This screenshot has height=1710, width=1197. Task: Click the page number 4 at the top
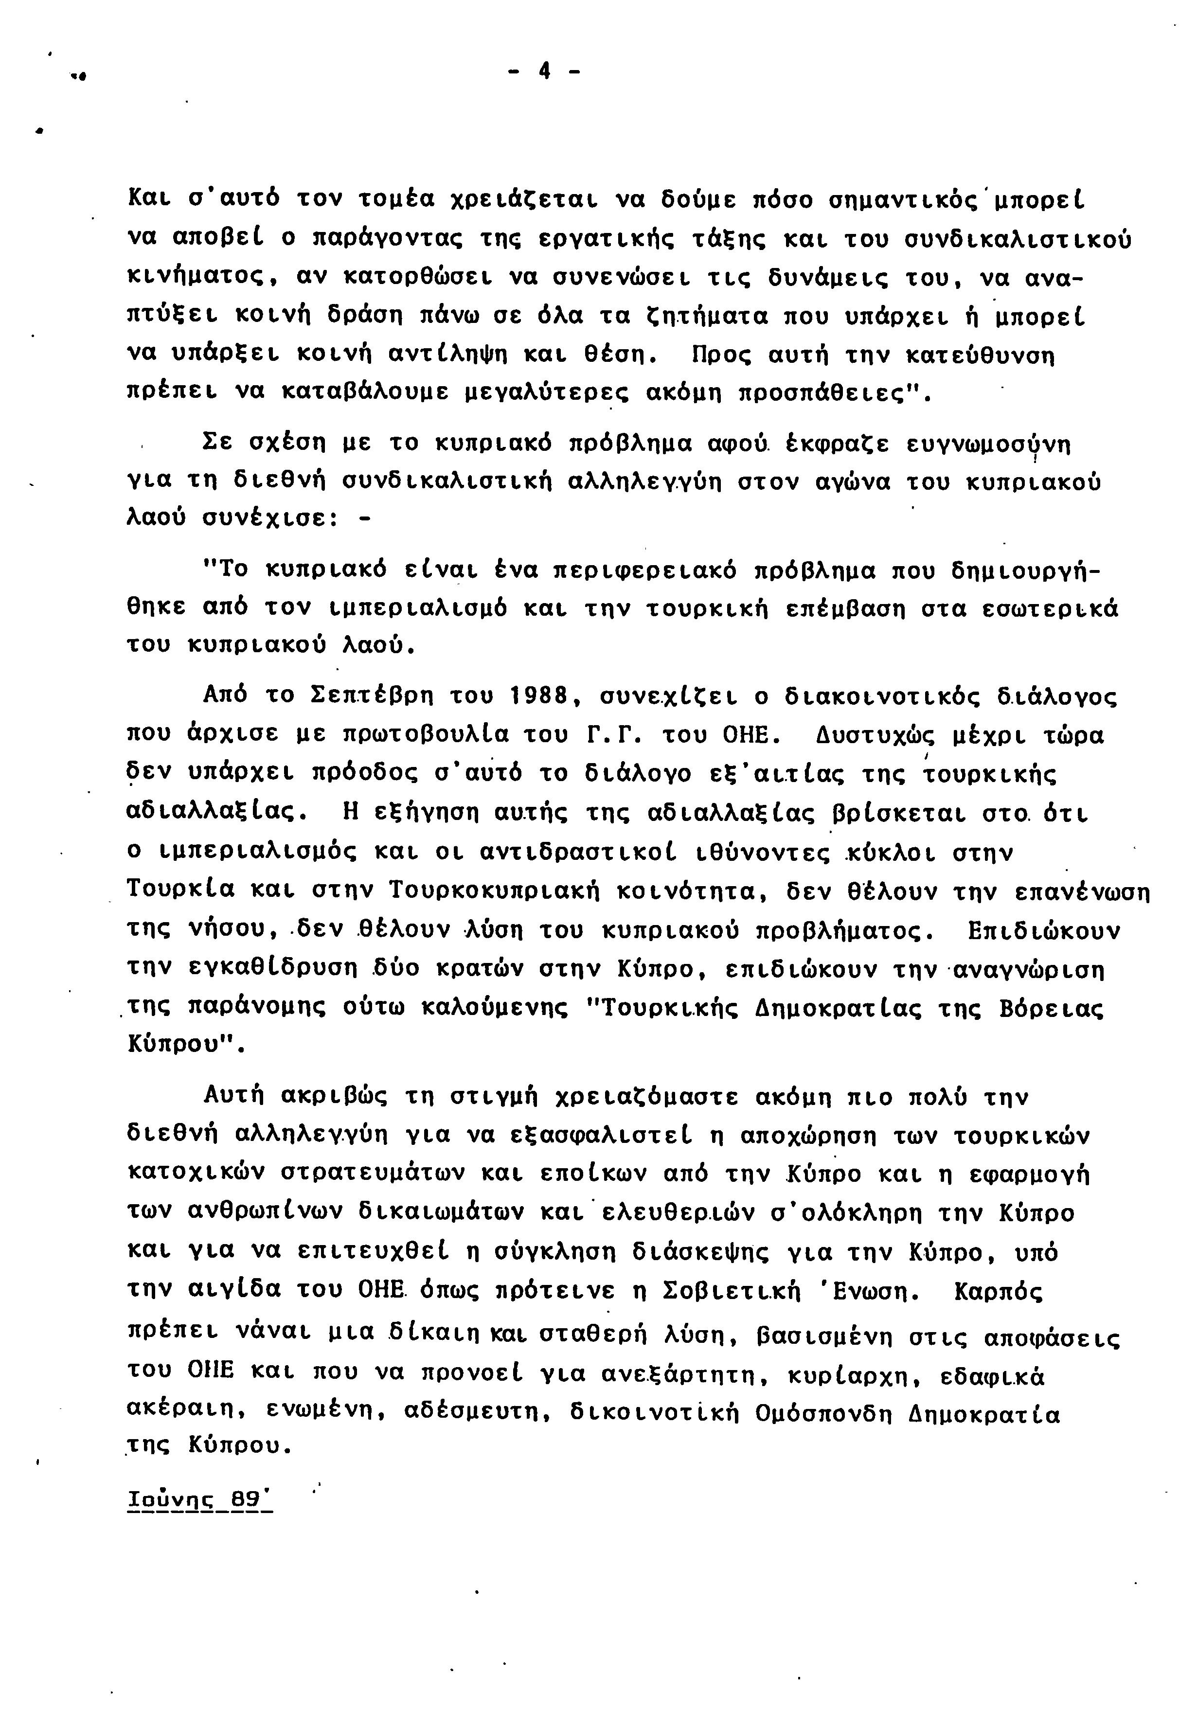coord(544,71)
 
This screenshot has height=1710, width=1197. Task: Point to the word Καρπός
coord(998,1290)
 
